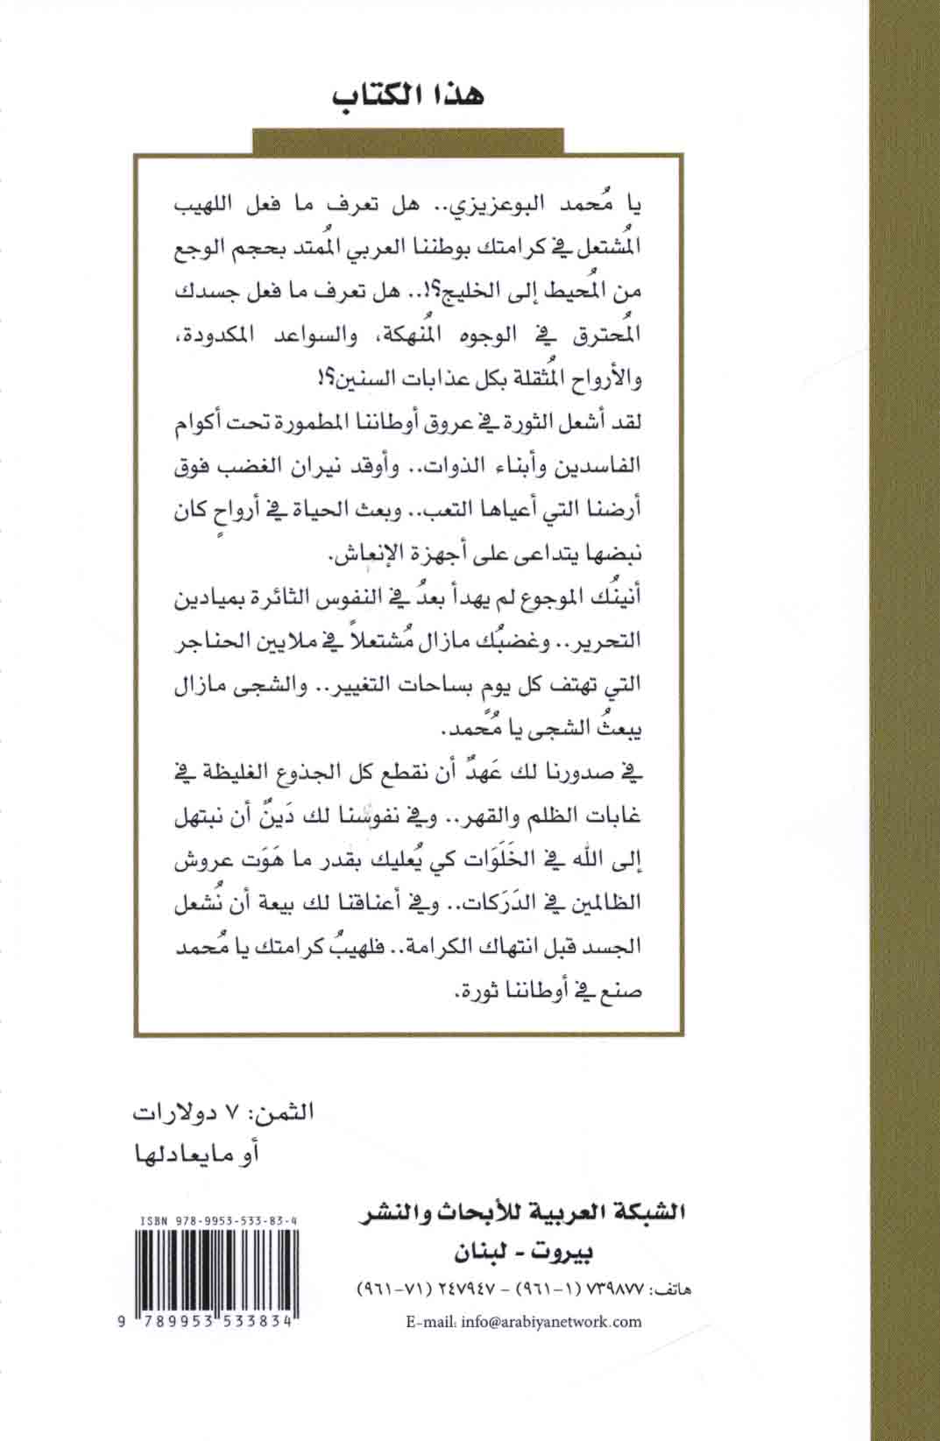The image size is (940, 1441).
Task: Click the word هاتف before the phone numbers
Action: click(x=667, y=1292)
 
